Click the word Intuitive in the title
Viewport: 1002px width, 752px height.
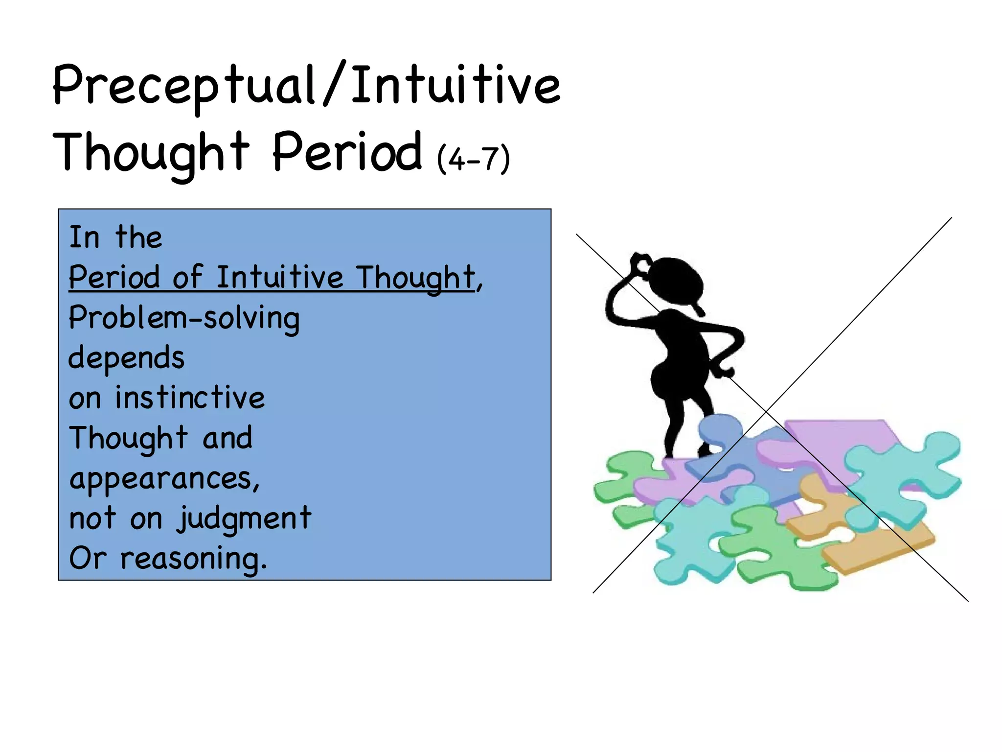tap(455, 86)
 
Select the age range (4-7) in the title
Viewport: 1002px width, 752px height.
tap(474, 159)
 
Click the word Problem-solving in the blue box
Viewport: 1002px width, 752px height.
tap(184, 319)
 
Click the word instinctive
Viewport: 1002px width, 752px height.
tap(190, 398)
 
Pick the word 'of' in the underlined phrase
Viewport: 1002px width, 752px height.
tap(187, 278)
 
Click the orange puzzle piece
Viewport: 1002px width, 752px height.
tap(876, 548)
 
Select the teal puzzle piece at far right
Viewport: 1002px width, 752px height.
tap(905, 470)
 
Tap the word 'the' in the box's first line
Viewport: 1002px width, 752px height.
tap(138, 238)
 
